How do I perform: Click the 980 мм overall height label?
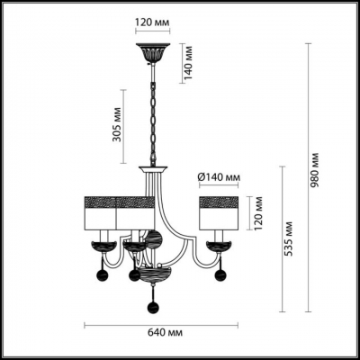[315, 169]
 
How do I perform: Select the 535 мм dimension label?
[289, 238]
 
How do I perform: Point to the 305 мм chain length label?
[117, 124]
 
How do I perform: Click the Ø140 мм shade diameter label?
[219, 177]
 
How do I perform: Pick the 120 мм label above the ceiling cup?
[152, 22]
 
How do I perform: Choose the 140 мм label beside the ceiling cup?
[188, 63]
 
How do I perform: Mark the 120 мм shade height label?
[258, 213]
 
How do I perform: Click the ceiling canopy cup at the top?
[153, 53]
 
